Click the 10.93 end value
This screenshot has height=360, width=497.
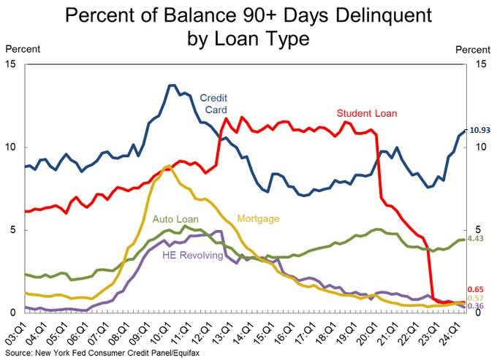479,130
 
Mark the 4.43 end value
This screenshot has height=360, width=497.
477,239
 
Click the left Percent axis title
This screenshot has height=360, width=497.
23,49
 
